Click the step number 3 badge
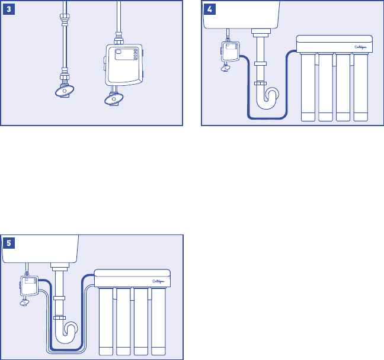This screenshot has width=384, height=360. [x=9, y=9]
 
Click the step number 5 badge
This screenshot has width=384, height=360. [x=9, y=242]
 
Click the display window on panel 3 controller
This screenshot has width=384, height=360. [x=121, y=53]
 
